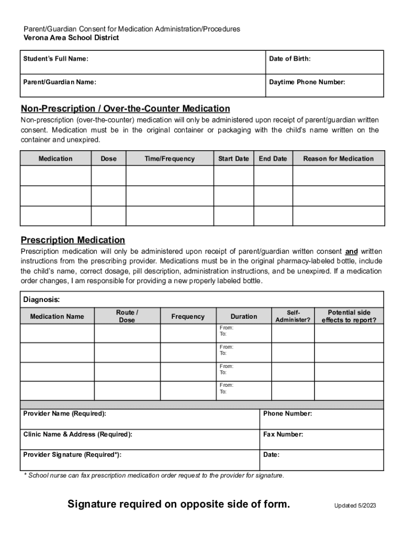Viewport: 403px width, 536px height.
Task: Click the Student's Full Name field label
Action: (x=55, y=59)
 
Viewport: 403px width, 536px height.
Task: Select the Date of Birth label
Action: (x=289, y=59)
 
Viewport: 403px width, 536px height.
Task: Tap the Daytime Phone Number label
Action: (x=307, y=82)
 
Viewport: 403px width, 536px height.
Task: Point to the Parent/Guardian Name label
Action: (x=60, y=82)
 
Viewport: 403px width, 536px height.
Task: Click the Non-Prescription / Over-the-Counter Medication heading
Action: (x=125, y=109)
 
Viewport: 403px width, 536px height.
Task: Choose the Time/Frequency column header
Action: (x=170, y=159)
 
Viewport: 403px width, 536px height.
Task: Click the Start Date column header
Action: (x=233, y=159)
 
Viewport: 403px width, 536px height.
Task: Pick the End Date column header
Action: (x=273, y=159)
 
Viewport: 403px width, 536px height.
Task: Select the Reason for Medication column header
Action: (x=338, y=159)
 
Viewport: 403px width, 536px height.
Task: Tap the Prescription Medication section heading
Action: (x=73, y=240)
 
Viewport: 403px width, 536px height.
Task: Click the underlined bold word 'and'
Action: (x=351, y=252)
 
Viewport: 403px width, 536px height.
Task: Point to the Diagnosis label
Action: (x=41, y=300)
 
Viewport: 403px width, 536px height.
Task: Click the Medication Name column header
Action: (x=57, y=317)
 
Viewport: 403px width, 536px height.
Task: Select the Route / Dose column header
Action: (x=127, y=316)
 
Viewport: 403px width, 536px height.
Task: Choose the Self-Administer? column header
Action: (x=293, y=316)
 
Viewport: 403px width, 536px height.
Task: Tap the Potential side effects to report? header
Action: (x=349, y=316)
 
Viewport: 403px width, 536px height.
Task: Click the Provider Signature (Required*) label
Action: (x=72, y=455)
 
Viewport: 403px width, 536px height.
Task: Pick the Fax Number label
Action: (x=283, y=434)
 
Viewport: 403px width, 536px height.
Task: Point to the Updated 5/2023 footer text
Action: (x=355, y=506)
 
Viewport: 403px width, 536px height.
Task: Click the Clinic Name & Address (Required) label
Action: (x=77, y=434)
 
